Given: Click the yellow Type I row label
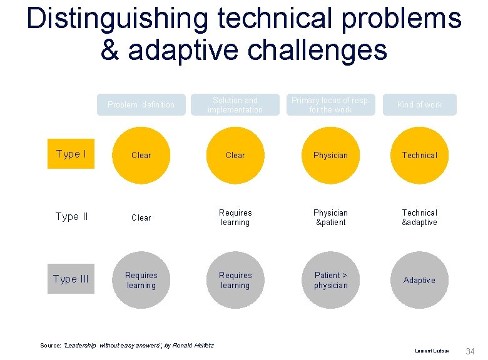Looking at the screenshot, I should pos(71,154).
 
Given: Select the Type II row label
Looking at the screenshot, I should pos(71,216).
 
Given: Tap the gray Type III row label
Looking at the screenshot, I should pos(71,279).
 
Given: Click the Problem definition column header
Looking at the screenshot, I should pos(141,104).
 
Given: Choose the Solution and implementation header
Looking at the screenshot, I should pos(235,104).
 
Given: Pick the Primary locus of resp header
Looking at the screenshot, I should pos(330,104).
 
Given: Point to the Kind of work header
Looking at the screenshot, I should pos(420,104).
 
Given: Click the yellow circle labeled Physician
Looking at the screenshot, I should pos(330,155).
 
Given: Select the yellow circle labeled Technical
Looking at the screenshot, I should pos(420,155).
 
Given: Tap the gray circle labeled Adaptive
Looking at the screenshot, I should pos(420,280).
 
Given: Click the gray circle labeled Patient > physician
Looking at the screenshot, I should pos(330,280).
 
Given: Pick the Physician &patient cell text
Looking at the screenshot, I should pos(330,217).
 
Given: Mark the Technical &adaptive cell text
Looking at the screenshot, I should pos(420,217).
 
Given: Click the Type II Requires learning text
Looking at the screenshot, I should pos(235,217).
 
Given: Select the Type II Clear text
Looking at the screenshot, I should pos(141,217).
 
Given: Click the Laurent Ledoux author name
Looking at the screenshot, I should pos(432,351).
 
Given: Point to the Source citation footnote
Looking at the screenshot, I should pos(127,345).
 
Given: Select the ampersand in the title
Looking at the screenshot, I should pos(110,50).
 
